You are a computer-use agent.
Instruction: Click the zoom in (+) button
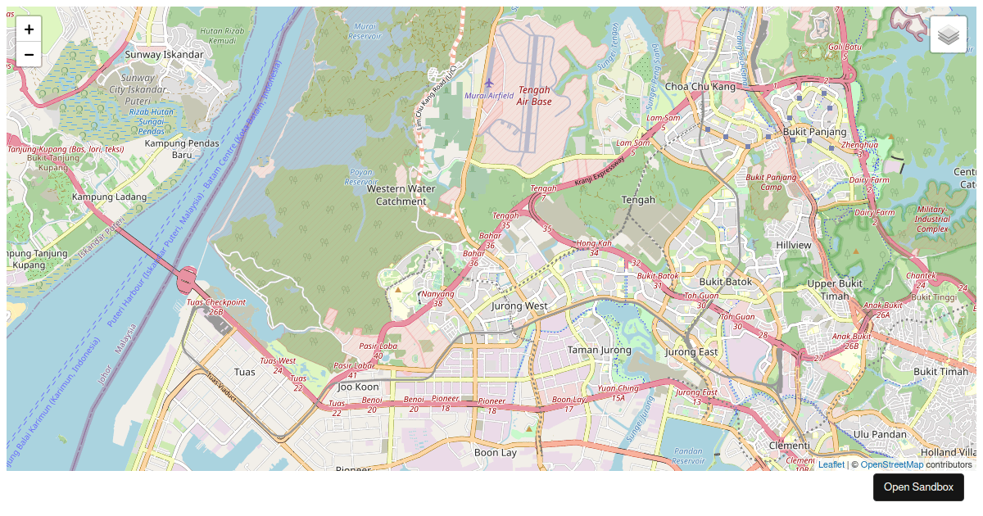tap(29, 29)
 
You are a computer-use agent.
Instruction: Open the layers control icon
tap(949, 34)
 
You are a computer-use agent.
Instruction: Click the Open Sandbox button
tap(918, 487)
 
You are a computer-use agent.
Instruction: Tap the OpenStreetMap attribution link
tap(891, 464)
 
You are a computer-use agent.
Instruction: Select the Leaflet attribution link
tap(831, 464)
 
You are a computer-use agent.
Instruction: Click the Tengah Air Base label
tap(534, 96)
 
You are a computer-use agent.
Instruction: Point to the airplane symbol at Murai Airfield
tap(489, 83)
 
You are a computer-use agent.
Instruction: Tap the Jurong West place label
tap(519, 306)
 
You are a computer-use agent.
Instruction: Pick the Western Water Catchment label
tap(401, 195)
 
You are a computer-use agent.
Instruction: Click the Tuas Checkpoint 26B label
tap(216, 306)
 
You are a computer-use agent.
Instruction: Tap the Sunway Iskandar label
tap(164, 54)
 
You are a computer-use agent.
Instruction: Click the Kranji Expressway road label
tap(599, 170)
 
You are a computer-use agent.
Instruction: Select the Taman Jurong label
tap(600, 350)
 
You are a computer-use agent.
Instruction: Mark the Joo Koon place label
tap(358, 386)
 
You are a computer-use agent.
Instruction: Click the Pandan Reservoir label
tap(687, 455)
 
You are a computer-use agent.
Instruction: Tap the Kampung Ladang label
tap(109, 197)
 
